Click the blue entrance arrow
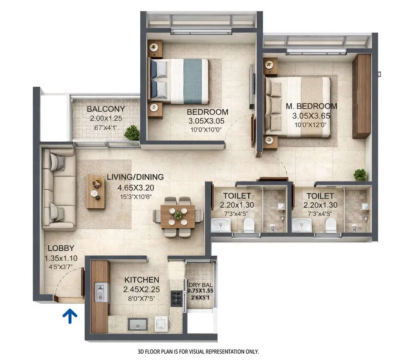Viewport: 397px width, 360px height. (70, 316)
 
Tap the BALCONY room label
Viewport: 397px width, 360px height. (106, 109)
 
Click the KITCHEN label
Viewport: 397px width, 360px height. (142, 280)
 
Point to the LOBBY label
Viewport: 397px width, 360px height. (61, 248)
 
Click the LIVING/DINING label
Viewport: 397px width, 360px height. (135, 177)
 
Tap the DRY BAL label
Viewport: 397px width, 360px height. (200, 284)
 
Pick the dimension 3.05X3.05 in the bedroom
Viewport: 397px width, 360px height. (207, 121)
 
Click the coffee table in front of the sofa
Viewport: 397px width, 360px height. (96, 191)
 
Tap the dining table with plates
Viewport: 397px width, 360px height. (178, 216)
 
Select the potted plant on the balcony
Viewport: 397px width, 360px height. (132, 133)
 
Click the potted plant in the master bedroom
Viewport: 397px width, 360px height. (360, 175)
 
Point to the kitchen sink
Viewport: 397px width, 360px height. (138, 324)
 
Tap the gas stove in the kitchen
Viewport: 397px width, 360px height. (176, 298)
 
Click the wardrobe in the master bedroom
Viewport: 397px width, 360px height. (361, 96)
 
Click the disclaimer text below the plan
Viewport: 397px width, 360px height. (198, 351)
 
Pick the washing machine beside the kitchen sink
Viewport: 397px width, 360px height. (161, 324)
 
